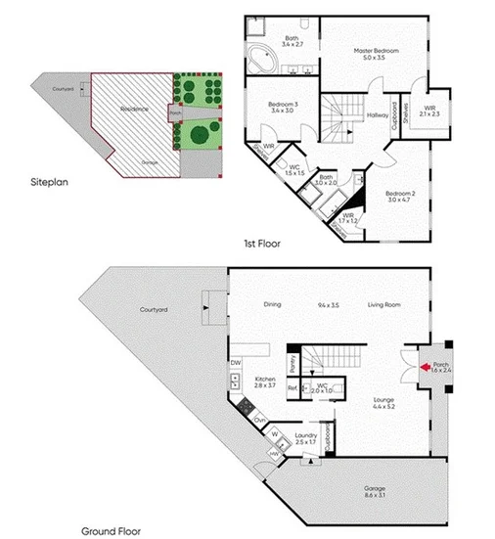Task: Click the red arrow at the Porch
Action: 425,369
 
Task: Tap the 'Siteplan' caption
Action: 48,182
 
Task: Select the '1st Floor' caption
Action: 262,244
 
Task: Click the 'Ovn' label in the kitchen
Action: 259,420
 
